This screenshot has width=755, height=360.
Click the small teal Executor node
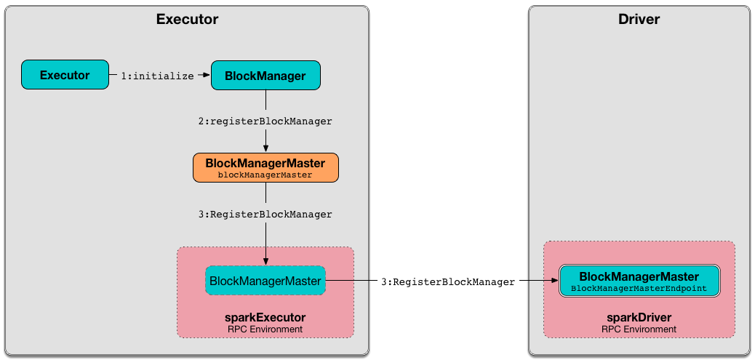pyautogui.click(x=65, y=75)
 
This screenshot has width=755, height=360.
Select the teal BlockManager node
pyautogui.click(x=265, y=76)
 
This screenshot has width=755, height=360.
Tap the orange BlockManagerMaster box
pyautogui.click(x=265, y=168)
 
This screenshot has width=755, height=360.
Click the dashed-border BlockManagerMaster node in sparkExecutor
pyautogui.click(x=265, y=280)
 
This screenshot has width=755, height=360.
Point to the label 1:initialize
pyautogui.click(x=158, y=76)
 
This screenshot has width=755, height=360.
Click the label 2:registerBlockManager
pyautogui.click(x=265, y=121)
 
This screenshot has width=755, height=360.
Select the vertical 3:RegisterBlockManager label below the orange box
pyautogui.click(x=265, y=215)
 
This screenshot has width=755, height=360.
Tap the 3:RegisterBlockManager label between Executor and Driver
pyautogui.click(x=448, y=281)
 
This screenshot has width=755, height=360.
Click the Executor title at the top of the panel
pyautogui.click(x=187, y=20)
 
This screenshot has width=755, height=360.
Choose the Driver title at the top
pyautogui.click(x=639, y=20)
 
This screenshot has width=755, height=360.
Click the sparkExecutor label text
pyautogui.click(x=265, y=318)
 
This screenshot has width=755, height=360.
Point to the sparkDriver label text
pyautogui.click(x=639, y=318)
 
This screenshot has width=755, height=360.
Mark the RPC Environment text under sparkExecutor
pyautogui.click(x=265, y=329)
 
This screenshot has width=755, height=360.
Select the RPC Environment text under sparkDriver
pyautogui.click(x=639, y=329)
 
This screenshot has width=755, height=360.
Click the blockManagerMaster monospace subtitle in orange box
pyautogui.click(x=265, y=175)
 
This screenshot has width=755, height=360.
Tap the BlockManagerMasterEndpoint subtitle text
pyautogui.click(x=639, y=289)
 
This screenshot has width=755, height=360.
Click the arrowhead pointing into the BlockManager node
pyautogui.click(x=207, y=75)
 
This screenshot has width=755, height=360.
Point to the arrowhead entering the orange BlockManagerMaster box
pyautogui.click(x=265, y=148)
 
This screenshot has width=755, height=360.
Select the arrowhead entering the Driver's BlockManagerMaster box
pyautogui.click(x=554, y=281)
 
